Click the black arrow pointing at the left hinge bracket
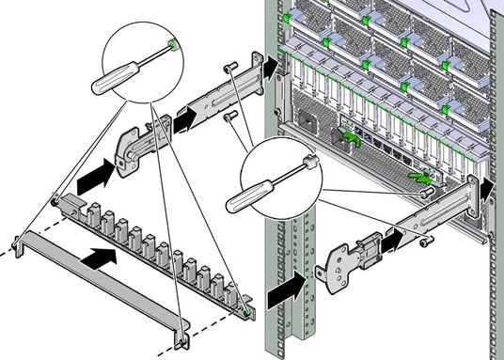tap(97, 175)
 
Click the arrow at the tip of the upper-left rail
tap(271, 66)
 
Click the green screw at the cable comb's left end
tap(56, 200)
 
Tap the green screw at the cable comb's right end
tap(246, 305)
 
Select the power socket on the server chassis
tap(307, 122)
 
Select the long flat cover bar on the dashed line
tap(103, 282)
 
